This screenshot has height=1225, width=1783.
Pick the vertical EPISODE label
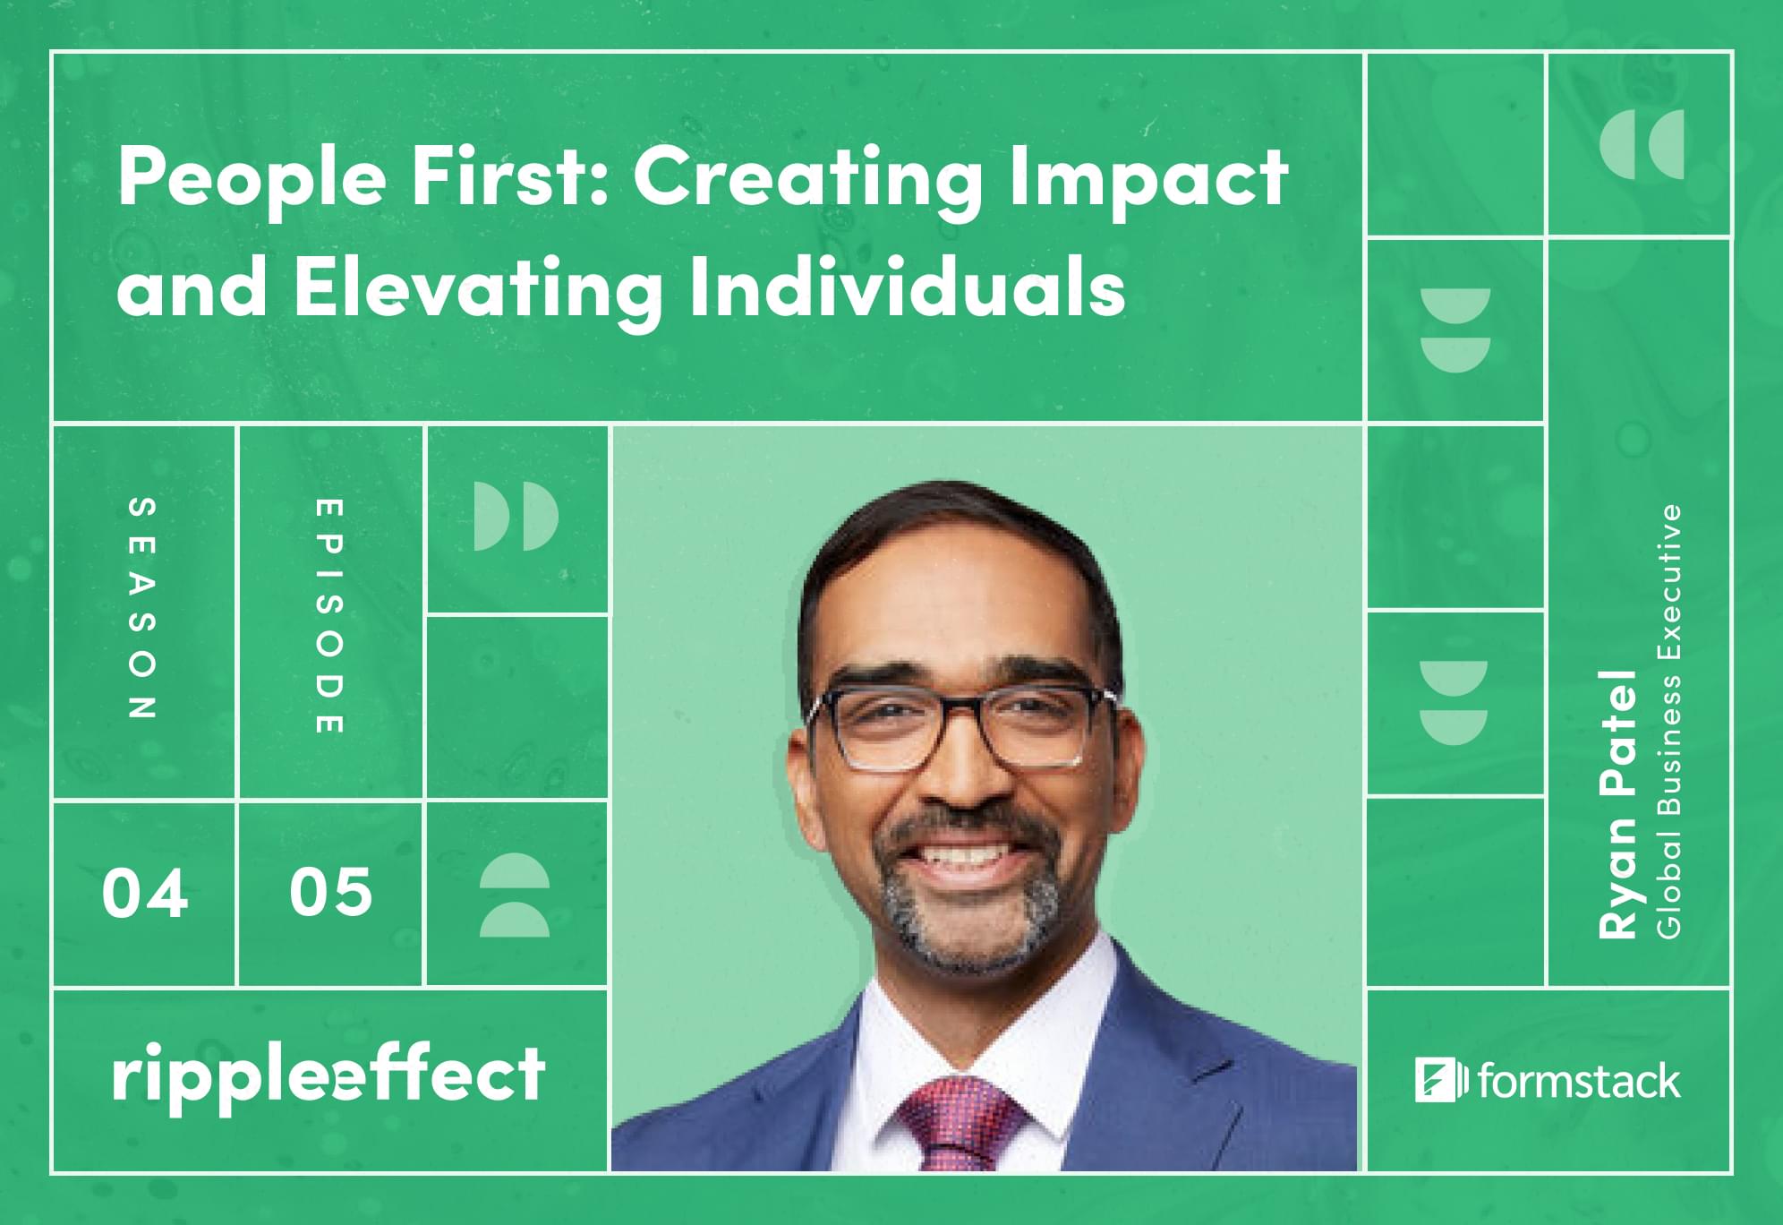329,616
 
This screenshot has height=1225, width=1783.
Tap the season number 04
145,894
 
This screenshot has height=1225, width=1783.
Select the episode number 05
330,892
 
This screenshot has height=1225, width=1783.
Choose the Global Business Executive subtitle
1669,722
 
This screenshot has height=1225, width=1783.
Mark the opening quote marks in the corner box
1641,144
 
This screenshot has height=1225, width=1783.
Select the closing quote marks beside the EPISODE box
516,517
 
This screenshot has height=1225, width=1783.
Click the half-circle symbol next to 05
515,895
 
